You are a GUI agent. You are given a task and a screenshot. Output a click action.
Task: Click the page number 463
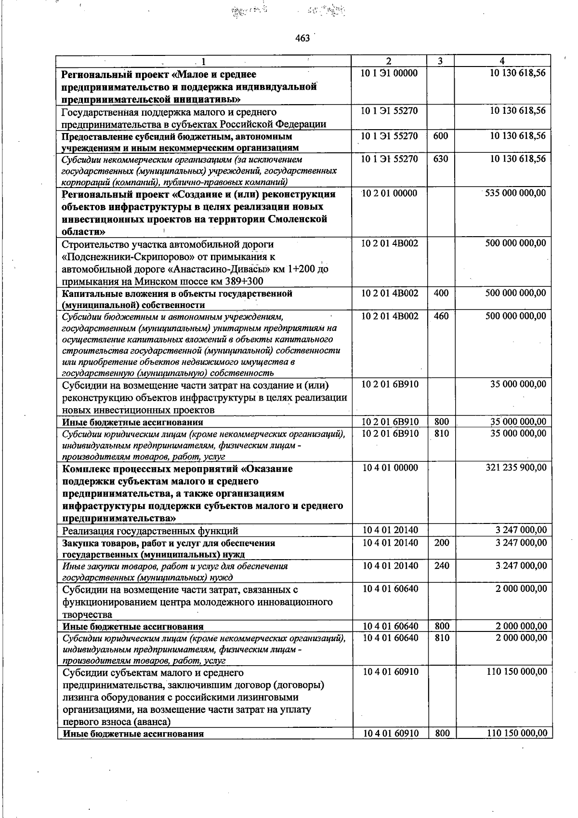(x=302, y=38)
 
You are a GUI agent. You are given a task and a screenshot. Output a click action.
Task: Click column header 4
(x=502, y=61)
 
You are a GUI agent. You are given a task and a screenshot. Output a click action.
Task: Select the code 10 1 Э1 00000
(x=389, y=73)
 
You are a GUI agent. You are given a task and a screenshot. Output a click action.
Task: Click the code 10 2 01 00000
(x=389, y=193)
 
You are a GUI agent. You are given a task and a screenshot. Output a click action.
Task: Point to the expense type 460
(x=441, y=316)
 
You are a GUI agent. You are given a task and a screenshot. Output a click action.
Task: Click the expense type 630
(x=441, y=159)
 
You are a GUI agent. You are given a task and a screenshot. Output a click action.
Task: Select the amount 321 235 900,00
(x=515, y=468)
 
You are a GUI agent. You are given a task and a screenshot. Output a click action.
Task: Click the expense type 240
(x=441, y=566)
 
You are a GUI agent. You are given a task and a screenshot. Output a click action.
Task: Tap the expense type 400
(x=441, y=293)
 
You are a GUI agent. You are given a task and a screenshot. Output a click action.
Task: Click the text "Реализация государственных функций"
(x=150, y=531)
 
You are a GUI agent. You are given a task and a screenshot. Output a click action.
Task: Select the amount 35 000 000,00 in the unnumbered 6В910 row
(x=518, y=384)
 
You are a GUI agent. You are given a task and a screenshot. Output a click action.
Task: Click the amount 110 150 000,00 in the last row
(x=517, y=733)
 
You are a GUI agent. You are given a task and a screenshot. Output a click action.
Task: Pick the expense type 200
(x=441, y=543)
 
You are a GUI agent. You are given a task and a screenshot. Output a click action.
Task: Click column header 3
(x=440, y=61)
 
